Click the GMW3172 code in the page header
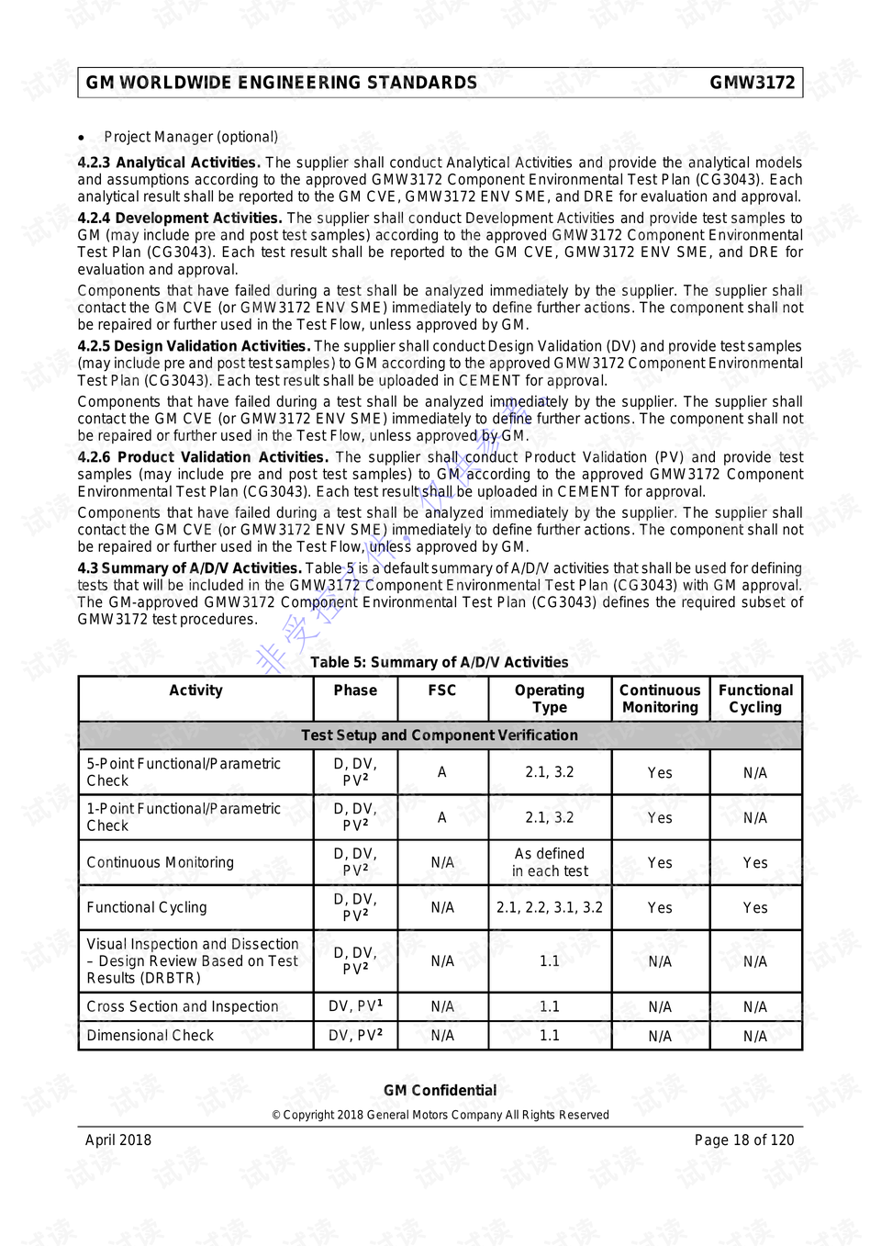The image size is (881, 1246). pos(752,83)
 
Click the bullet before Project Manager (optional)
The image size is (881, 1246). pos(83,138)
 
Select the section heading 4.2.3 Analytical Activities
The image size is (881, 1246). pos(169,163)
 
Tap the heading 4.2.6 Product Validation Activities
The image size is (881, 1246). pos(202,457)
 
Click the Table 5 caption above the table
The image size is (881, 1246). pos(439,662)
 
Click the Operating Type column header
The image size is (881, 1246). pos(549,699)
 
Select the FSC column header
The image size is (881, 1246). pos(441,690)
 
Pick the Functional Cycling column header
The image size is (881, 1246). pos(755,699)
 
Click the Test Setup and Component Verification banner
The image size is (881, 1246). pos(439,735)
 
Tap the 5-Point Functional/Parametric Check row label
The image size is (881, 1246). pos(183,772)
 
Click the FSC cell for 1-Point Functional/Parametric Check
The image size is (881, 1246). pos(441,817)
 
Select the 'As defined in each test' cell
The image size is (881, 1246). pos(549,862)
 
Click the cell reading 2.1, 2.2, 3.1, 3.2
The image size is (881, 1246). pos(549,907)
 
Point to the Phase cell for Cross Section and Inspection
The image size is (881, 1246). pos(355,1006)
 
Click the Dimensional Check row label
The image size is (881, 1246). pos(150,1036)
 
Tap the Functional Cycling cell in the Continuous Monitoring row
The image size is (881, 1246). pos(755,863)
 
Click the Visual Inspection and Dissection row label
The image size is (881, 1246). pos(192,960)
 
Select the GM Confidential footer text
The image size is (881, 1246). pos(440,1091)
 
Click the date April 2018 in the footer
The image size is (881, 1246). pos(118,1140)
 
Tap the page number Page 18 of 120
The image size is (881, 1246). pos(743,1140)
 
